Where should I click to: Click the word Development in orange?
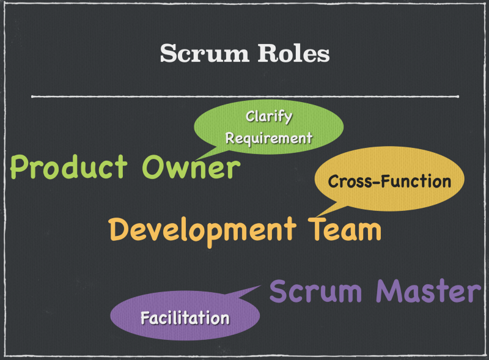202,230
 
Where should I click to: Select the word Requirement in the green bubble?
268,138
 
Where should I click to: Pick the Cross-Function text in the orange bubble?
389,182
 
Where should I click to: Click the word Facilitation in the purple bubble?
185,318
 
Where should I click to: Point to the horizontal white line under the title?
244,97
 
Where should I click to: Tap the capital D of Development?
119,230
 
